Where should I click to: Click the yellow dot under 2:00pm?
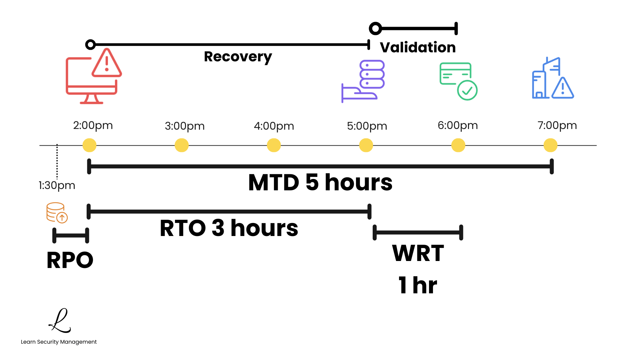click(89, 145)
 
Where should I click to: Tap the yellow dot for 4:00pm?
click(274, 145)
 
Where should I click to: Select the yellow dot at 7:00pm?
click(550, 145)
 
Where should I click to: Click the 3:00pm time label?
click(185, 126)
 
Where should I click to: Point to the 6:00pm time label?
click(458, 125)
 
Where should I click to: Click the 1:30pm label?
click(57, 185)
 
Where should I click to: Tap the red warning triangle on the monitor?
click(107, 63)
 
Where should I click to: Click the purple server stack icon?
click(372, 74)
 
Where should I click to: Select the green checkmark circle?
click(467, 90)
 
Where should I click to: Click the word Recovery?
click(238, 57)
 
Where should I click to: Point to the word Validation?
click(418, 47)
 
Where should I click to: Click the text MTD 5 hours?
click(320, 183)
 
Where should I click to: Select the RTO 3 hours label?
click(229, 228)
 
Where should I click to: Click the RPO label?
click(70, 260)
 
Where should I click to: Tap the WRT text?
click(418, 253)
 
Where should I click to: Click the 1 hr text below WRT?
click(418, 285)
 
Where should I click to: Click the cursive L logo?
click(60, 321)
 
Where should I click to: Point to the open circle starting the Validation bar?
click(375, 29)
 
